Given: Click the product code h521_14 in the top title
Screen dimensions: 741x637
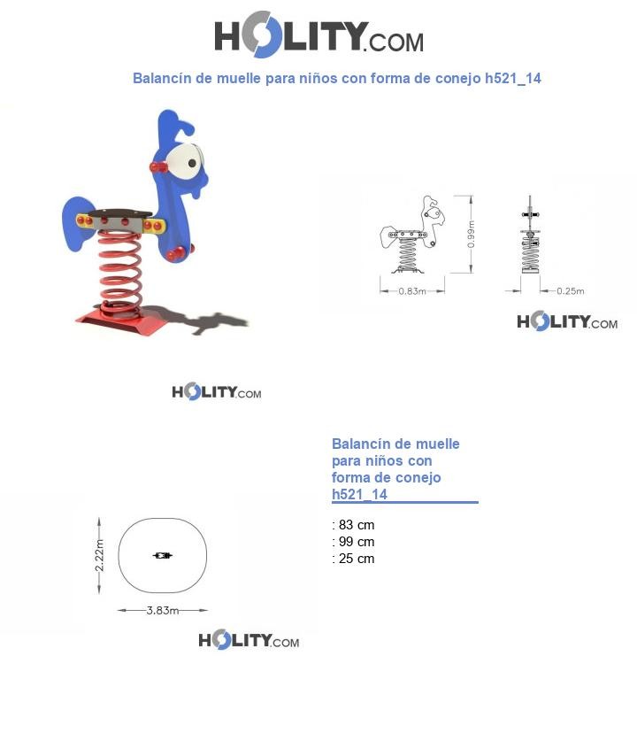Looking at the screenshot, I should (x=513, y=78).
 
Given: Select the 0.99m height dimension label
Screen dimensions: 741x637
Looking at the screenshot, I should (x=471, y=233).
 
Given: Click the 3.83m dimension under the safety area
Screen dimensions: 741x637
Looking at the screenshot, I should (x=162, y=610).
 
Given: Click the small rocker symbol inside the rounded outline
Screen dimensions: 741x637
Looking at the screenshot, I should (x=162, y=555).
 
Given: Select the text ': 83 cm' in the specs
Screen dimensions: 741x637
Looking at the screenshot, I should (x=353, y=525).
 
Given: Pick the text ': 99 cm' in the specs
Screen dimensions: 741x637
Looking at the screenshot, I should (x=353, y=542).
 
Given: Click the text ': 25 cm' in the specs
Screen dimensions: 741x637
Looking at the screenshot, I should (x=353, y=559).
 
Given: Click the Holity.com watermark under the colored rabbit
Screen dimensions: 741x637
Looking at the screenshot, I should (x=216, y=392).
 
